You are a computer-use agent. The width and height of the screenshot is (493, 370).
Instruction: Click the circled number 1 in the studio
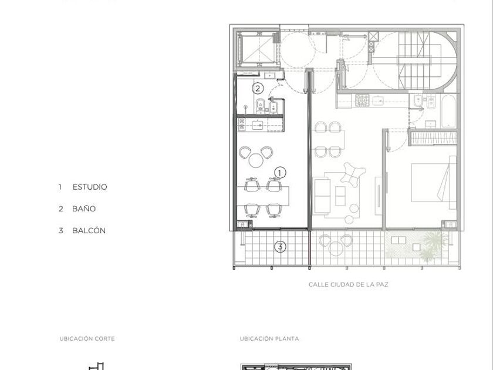pyautogui.click(x=280, y=173)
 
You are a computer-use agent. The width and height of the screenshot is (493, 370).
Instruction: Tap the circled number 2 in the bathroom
pyautogui.click(x=258, y=89)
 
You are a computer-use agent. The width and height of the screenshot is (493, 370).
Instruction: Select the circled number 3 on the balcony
pyautogui.click(x=280, y=247)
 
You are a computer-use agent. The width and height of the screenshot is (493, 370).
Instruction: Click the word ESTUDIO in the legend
pyautogui.click(x=90, y=187)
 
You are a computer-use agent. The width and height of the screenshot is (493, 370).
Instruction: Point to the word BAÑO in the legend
pyautogui.click(x=84, y=209)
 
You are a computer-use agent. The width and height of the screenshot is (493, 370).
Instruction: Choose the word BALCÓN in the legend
pyautogui.click(x=89, y=231)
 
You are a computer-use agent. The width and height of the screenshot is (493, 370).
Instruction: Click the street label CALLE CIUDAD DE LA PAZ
pyautogui.click(x=349, y=284)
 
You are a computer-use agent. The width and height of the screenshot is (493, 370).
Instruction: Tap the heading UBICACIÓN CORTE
pyautogui.click(x=87, y=339)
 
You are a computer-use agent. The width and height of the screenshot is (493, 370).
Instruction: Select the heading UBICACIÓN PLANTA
pyautogui.click(x=269, y=339)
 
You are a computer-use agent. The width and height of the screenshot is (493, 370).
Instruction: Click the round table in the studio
pyautogui.click(x=256, y=160)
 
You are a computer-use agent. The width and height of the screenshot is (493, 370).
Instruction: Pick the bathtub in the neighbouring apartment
pyautogui.click(x=448, y=111)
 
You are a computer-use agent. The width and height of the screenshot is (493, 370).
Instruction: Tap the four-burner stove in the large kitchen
pyautogui.click(x=362, y=100)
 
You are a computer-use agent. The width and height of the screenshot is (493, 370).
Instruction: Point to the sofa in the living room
pyautogui.click(x=322, y=196)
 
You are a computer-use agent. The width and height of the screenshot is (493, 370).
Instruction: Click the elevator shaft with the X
pyautogui.click(x=257, y=49)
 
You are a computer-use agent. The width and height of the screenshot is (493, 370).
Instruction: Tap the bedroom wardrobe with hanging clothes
pyautogui.click(x=434, y=138)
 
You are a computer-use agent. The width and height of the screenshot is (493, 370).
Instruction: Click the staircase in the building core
pyautogui.click(x=413, y=60)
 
